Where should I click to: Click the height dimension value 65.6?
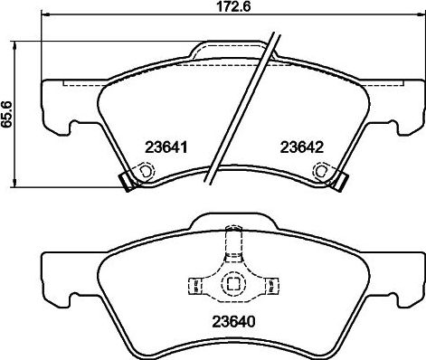7,113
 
